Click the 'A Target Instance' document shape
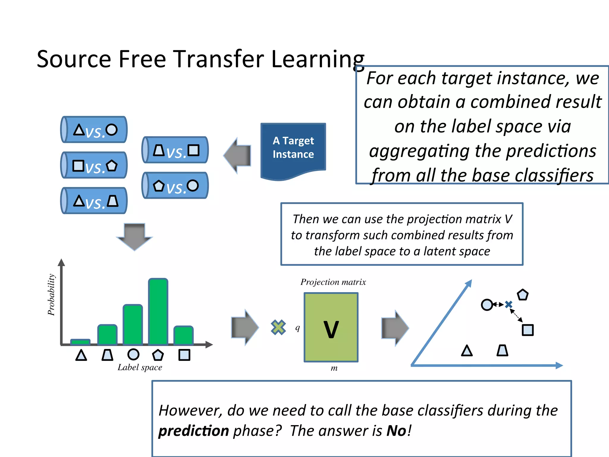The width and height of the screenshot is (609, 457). (x=293, y=149)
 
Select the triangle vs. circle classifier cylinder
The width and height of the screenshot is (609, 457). (x=94, y=130)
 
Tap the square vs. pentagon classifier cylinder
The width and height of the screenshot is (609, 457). (x=94, y=165)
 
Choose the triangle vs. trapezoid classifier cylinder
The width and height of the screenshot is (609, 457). (x=94, y=201)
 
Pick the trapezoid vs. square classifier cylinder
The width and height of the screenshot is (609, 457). (x=175, y=150)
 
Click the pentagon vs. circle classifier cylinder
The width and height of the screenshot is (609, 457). (x=175, y=186)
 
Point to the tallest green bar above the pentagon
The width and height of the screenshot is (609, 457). (x=158, y=312)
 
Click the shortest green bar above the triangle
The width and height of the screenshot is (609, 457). (x=80, y=342)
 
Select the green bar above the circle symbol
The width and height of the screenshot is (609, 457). (x=133, y=325)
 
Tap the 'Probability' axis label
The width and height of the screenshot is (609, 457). (x=51, y=295)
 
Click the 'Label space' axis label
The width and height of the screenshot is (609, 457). (x=140, y=367)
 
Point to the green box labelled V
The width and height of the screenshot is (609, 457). (x=331, y=327)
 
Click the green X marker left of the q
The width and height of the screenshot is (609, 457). (x=278, y=327)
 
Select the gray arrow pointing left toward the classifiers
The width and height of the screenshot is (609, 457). (x=238, y=155)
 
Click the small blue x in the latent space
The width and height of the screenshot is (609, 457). (x=509, y=304)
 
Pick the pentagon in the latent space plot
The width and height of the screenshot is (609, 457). (x=522, y=295)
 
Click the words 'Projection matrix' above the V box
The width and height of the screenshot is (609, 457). (x=333, y=282)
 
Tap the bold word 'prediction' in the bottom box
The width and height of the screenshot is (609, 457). (x=193, y=431)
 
